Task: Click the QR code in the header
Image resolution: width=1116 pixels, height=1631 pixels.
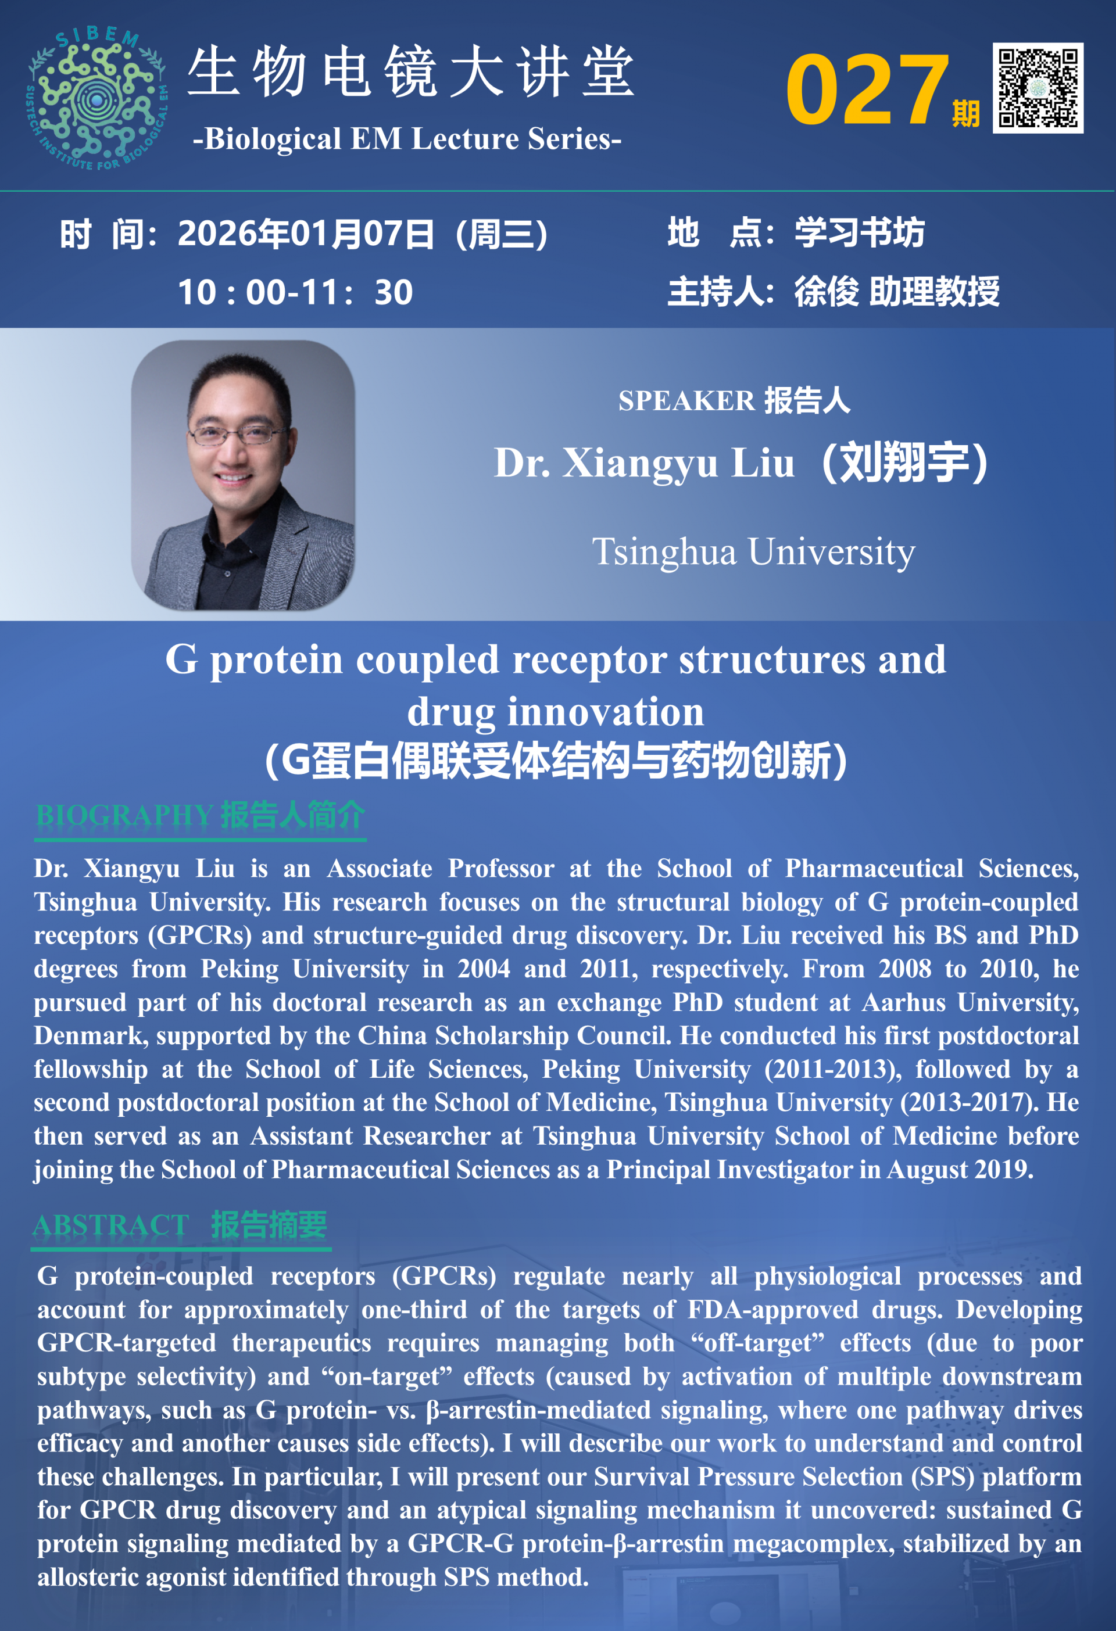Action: [1038, 88]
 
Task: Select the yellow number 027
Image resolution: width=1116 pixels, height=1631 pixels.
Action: [867, 90]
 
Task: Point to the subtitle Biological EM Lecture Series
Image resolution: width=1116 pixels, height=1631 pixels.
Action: [407, 139]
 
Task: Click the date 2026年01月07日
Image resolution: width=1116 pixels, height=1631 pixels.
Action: [306, 234]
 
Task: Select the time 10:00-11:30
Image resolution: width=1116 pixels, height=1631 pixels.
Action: [295, 292]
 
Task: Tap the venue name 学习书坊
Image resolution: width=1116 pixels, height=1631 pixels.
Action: [859, 232]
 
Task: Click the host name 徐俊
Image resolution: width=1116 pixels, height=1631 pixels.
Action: [825, 291]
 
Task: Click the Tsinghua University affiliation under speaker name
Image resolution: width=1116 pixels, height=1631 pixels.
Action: [753, 551]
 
